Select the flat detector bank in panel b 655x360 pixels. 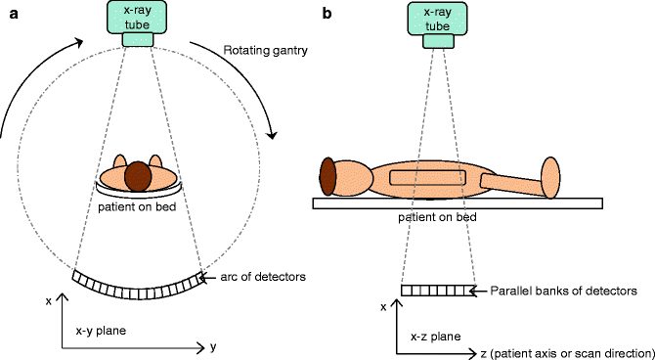[437, 291]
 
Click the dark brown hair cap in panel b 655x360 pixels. [327, 179]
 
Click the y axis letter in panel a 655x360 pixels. [212, 346]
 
